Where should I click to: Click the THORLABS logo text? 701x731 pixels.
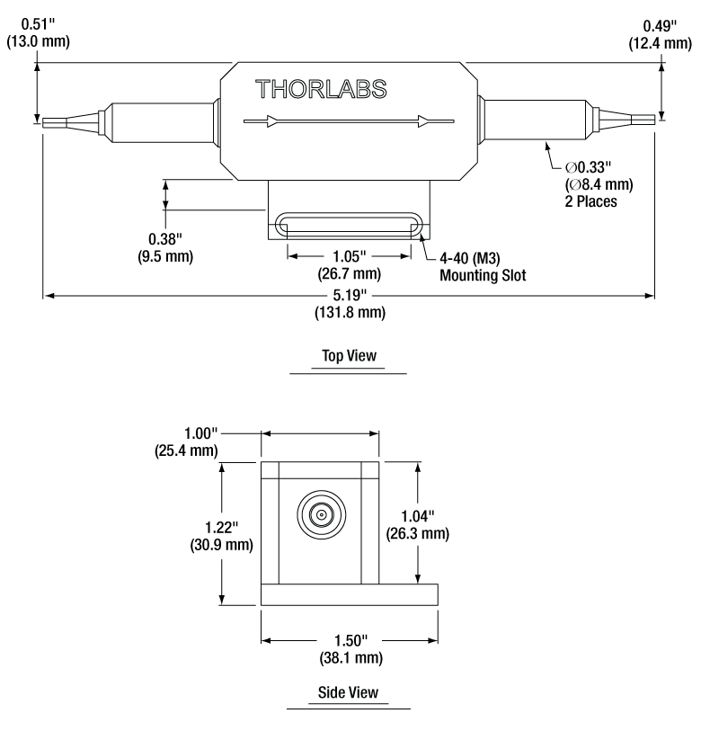[x=321, y=90]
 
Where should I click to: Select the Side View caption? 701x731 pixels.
[x=349, y=693]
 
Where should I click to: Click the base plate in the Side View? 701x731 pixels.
[x=350, y=594]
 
